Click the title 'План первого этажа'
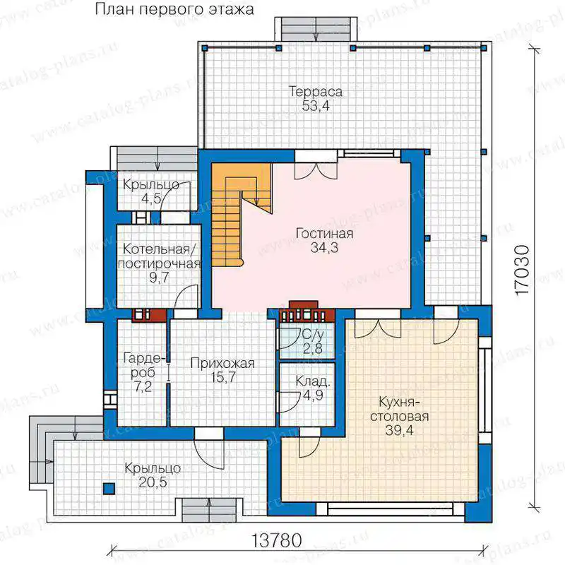pos(174,9)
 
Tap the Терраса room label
pos(316,92)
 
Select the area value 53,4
pos(316,107)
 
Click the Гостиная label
pos(324,234)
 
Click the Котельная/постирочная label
pos(158,256)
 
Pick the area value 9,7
pos(159,278)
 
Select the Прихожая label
pos(222,363)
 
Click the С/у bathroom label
pos(313,335)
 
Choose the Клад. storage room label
pos(312,381)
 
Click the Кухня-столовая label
pos(399,409)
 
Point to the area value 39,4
pos(399,430)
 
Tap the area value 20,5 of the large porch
pos(153,482)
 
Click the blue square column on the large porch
pos(109,489)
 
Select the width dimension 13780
pos(277,540)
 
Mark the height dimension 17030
pos(523,270)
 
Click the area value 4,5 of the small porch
pos(151,198)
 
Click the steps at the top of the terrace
pos(316,29)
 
